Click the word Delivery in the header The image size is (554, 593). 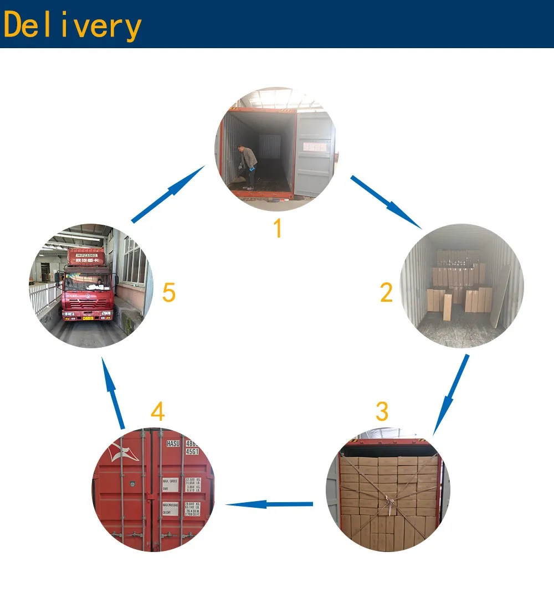click(x=72, y=25)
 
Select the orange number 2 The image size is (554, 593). click(x=386, y=292)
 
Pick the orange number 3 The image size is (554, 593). click(x=382, y=411)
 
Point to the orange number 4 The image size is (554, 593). click(x=157, y=412)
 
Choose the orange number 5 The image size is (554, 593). click(x=169, y=293)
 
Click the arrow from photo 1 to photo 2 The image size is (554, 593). click(x=386, y=202)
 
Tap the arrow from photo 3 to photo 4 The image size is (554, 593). click(x=270, y=504)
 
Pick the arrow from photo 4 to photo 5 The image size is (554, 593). click(x=114, y=393)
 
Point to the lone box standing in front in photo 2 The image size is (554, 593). click(x=447, y=307)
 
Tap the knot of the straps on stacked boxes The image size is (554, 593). click(x=391, y=503)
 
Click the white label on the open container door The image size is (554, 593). click(x=315, y=146)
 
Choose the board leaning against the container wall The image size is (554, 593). click(x=501, y=296)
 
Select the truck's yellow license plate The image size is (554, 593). click(x=88, y=317)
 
